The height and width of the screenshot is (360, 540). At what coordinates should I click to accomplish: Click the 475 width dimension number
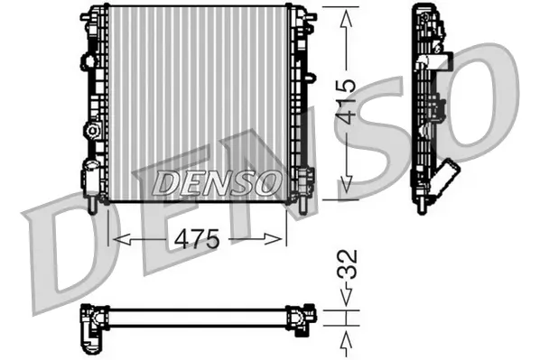click(x=197, y=239)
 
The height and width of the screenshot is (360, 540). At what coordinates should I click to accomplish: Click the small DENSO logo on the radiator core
click(x=216, y=182)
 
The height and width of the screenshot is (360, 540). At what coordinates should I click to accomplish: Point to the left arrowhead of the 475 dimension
click(x=115, y=239)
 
